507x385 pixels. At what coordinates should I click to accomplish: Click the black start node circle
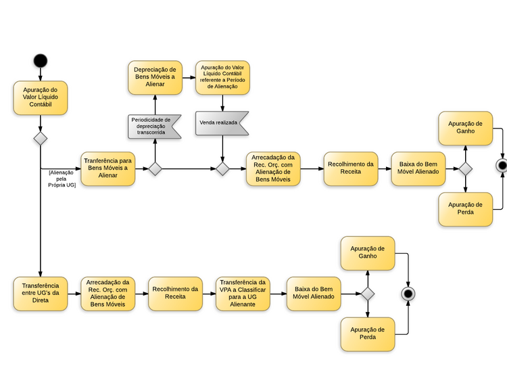tap(40, 60)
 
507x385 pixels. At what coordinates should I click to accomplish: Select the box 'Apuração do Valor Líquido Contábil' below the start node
tap(40, 99)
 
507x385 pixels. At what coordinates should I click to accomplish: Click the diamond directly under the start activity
tap(40, 139)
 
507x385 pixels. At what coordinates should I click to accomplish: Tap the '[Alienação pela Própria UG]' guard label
tap(62, 178)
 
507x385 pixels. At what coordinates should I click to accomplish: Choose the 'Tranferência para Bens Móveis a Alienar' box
tap(107, 168)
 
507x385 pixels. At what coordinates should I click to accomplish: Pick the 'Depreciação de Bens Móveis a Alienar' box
tap(155, 77)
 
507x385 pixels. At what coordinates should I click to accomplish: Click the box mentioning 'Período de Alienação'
tap(222, 77)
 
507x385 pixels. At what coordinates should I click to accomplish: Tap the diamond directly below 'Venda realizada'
tap(222, 168)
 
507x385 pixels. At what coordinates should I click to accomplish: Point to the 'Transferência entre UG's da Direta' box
tap(40, 293)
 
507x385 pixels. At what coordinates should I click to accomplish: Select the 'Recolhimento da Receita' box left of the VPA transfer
tap(175, 293)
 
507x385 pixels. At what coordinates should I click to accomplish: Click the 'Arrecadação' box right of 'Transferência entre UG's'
tap(108, 293)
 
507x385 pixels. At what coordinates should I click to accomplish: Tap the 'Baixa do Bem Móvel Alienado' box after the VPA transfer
tap(313, 293)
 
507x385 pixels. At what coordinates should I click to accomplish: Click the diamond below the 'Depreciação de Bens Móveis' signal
tap(155, 168)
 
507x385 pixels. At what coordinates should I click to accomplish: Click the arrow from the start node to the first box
tap(40, 74)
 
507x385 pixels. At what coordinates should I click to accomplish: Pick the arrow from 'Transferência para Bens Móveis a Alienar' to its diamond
tap(141, 168)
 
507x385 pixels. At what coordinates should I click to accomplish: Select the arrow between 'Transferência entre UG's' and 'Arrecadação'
tap(74, 293)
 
